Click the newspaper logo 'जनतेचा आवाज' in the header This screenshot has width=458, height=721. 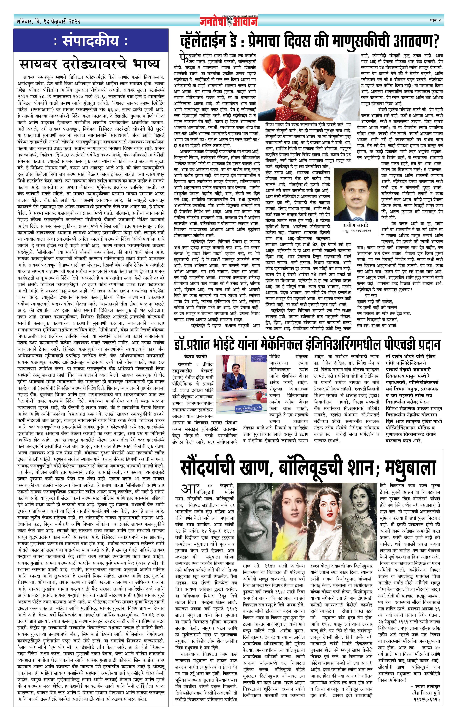tap(229, 21)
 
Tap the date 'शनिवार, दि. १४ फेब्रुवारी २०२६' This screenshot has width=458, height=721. tap(49, 22)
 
